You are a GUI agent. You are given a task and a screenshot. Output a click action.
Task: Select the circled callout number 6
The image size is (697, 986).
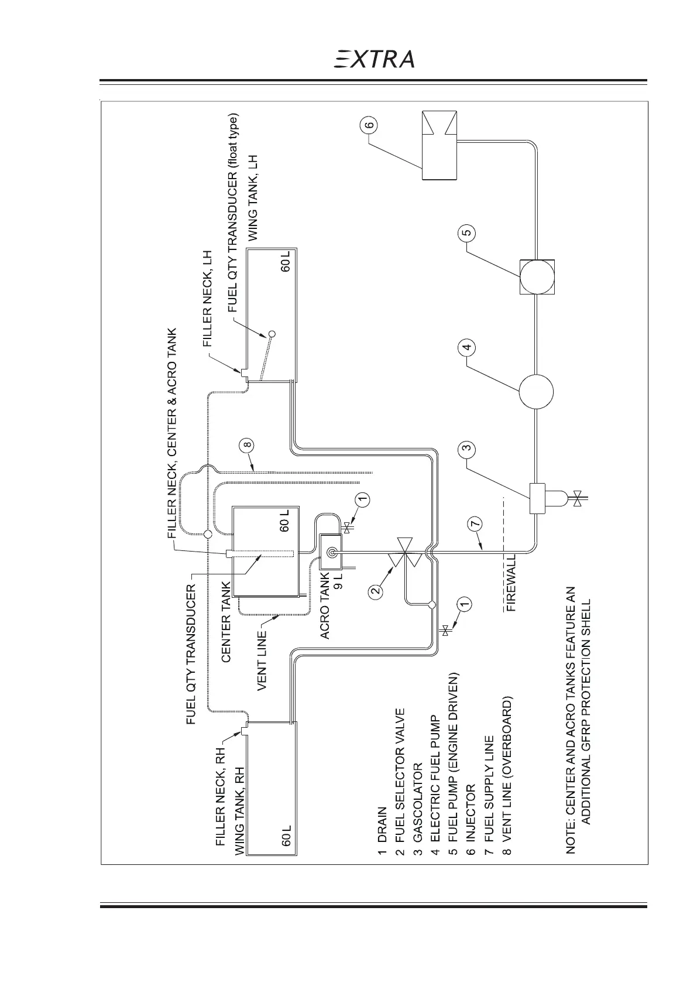pyautogui.click(x=371, y=125)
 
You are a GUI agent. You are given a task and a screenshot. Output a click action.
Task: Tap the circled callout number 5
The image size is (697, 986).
pyautogui.click(x=467, y=233)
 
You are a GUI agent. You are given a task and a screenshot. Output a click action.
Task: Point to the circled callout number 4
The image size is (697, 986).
pyautogui.click(x=466, y=347)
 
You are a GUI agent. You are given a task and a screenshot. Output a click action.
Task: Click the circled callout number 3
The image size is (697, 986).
pyautogui.click(x=466, y=450)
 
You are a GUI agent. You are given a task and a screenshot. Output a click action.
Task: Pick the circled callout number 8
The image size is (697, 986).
pyautogui.click(x=248, y=445)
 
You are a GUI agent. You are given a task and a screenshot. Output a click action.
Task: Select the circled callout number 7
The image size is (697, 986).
pyautogui.click(x=476, y=523)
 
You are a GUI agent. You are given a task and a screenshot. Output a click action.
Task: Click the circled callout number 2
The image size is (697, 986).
pyautogui.click(x=376, y=590)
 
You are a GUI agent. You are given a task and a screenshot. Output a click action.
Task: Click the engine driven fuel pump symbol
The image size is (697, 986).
pyautogui.click(x=536, y=276)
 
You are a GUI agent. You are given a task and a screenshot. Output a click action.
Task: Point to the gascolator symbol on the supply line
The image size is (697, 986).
pyautogui.click(x=537, y=498)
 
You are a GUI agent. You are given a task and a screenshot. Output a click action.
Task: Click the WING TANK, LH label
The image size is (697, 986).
pyautogui.click(x=253, y=197)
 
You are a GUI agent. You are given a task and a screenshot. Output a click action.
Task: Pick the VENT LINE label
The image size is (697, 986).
pyautogui.click(x=262, y=659)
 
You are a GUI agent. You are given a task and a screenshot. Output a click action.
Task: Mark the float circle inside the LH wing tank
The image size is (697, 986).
pyautogui.click(x=272, y=334)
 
